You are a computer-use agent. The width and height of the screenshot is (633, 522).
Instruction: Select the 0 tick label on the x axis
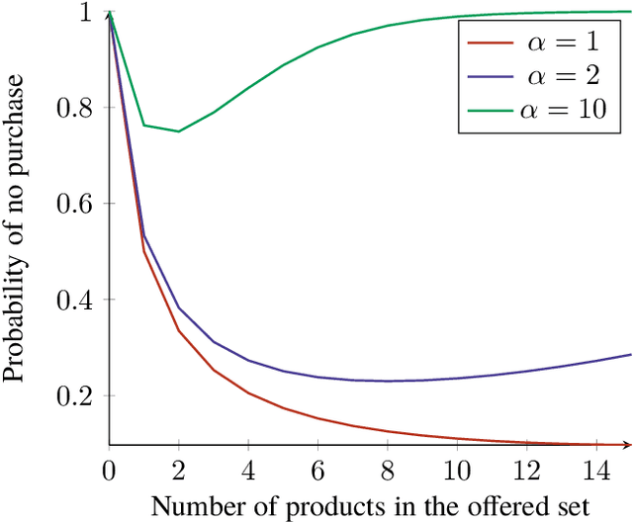(x=109, y=469)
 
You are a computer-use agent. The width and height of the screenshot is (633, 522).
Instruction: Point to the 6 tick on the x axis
(x=317, y=469)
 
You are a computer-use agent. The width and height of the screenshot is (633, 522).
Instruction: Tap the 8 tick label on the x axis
(x=388, y=469)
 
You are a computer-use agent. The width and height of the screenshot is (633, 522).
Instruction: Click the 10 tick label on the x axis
(x=457, y=469)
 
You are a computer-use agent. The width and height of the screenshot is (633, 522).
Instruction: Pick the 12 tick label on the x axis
(x=527, y=469)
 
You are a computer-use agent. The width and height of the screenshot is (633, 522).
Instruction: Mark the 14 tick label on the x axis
(x=596, y=469)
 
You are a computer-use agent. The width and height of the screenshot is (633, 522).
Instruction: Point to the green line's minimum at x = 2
(x=179, y=131)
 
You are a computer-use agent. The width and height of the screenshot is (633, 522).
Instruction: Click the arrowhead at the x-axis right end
(x=627, y=444)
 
